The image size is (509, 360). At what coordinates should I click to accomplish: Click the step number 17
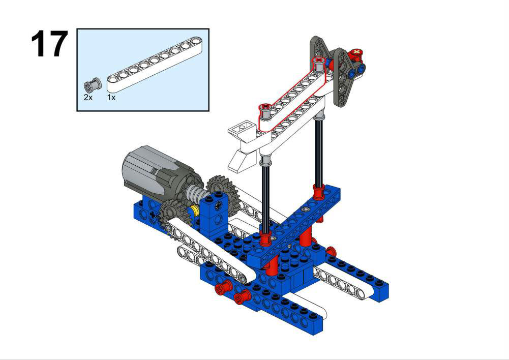click(x=49, y=44)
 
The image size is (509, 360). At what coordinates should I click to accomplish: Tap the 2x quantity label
click(x=88, y=97)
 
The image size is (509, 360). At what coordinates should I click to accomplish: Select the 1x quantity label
click(x=111, y=97)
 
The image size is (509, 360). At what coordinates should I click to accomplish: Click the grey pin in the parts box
click(x=93, y=85)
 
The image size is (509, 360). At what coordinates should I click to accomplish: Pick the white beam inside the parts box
click(x=155, y=64)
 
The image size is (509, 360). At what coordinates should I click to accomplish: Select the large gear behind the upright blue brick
click(x=224, y=194)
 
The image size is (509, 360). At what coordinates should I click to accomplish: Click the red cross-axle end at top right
click(x=356, y=53)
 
